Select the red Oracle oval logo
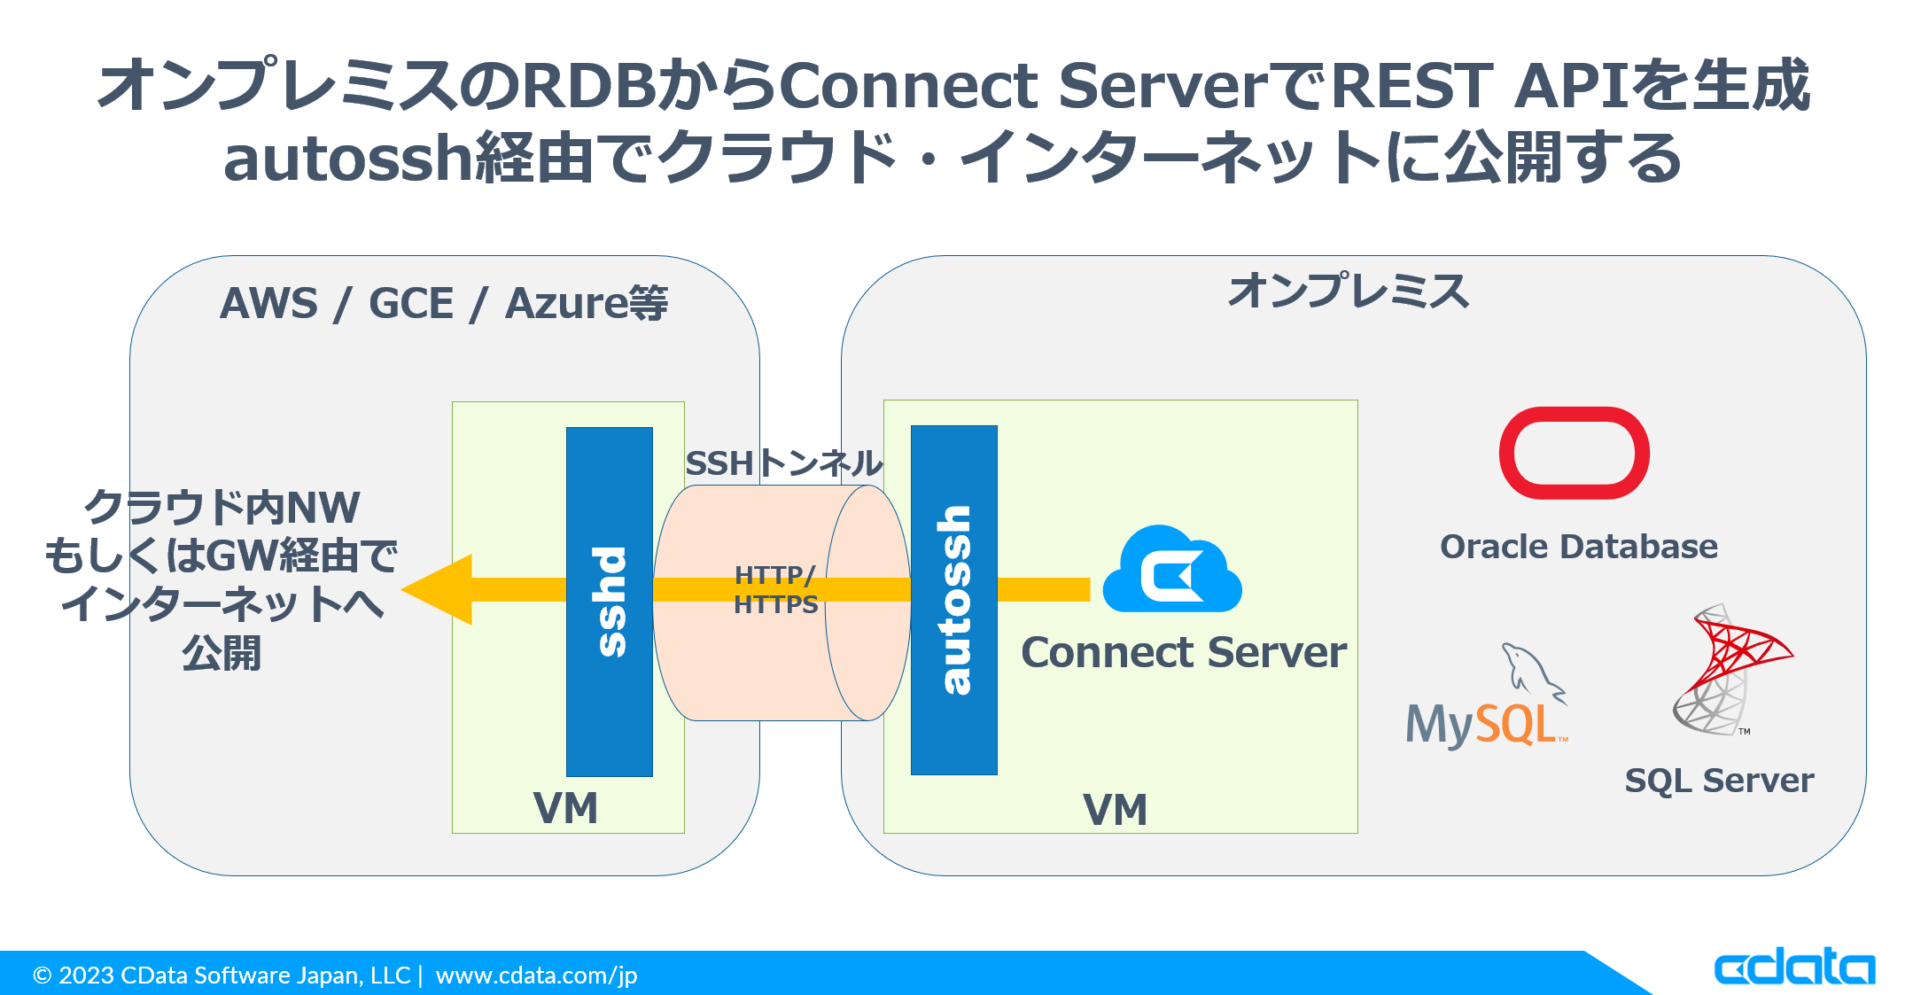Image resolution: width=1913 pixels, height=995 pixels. (x=1574, y=453)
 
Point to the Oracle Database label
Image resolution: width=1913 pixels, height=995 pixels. (x=1578, y=547)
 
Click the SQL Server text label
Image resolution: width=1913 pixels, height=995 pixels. (x=1719, y=781)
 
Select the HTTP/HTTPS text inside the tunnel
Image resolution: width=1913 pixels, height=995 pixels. (x=775, y=590)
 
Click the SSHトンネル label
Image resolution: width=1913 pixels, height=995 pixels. (x=784, y=463)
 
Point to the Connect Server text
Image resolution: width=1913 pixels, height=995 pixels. (x=1183, y=653)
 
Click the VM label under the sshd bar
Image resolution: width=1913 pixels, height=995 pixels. (x=565, y=808)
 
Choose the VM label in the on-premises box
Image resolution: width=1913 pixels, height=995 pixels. (x=1115, y=810)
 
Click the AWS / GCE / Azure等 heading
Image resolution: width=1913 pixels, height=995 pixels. (x=443, y=304)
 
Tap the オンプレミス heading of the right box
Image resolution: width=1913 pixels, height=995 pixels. (x=1348, y=291)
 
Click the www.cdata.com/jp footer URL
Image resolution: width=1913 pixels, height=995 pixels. (x=536, y=976)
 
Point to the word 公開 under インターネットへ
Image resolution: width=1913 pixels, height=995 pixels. (x=222, y=654)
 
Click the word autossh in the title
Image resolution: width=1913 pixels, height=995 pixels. (x=348, y=159)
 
